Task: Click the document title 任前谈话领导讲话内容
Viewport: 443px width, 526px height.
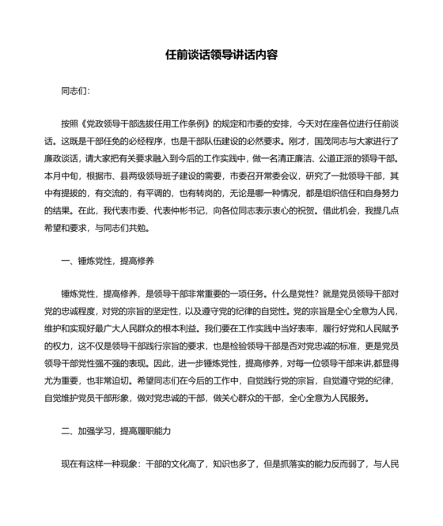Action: click(x=221, y=57)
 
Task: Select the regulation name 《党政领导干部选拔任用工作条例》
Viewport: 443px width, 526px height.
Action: click(x=150, y=125)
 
